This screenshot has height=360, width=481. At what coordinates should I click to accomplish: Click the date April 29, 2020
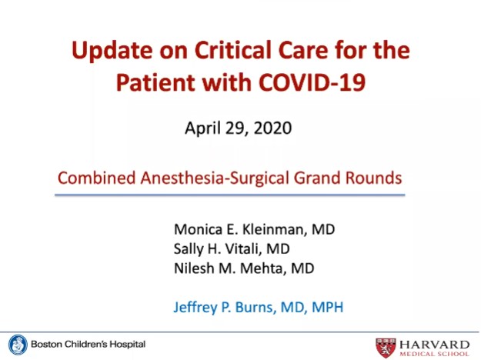coord(238,128)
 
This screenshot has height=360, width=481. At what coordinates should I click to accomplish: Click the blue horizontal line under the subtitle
coord(229,195)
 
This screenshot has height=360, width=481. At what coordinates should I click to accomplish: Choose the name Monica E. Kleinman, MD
coord(254,229)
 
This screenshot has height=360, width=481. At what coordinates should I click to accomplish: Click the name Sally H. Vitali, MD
coord(231,248)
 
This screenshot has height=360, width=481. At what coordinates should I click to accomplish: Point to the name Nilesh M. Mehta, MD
coord(243,268)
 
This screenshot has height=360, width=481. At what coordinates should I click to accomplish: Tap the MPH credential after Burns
coord(326,308)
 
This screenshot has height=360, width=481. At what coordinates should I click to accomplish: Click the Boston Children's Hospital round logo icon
coord(18,344)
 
